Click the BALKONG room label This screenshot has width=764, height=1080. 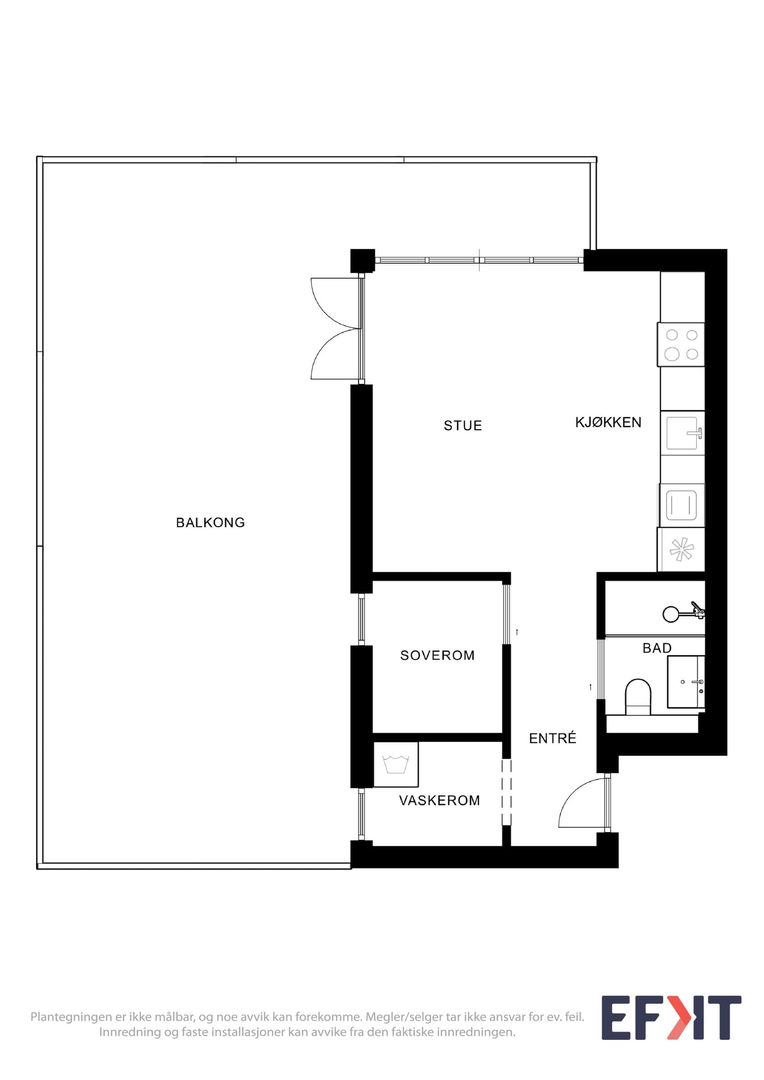pyautogui.click(x=210, y=522)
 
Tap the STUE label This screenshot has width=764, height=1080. pyautogui.click(x=463, y=426)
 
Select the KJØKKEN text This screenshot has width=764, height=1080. pyautogui.click(x=608, y=423)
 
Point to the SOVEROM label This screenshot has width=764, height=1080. pyautogui.click(x=437, y=655)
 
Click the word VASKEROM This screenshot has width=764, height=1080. pyautogui.click(x=440, y=800)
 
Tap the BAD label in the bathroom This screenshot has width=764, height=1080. pyautogui.click(x=657, y=648)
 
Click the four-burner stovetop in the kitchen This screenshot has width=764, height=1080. pyautogui.click(x=681, y=344)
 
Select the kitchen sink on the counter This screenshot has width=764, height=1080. pyautogui.click(x=682, y=433)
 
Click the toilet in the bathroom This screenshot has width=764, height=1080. pyautogui.click(x=638, y=697)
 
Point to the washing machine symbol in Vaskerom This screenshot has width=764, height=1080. pyautogui.click(x=396, y=765)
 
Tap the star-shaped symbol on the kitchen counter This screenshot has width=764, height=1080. pyautogui.click(x=682, y=549)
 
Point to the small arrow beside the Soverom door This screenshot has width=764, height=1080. pyautogui.click(x=517, y=632)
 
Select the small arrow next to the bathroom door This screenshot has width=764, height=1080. pyautogui.click(x=590, y=687)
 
